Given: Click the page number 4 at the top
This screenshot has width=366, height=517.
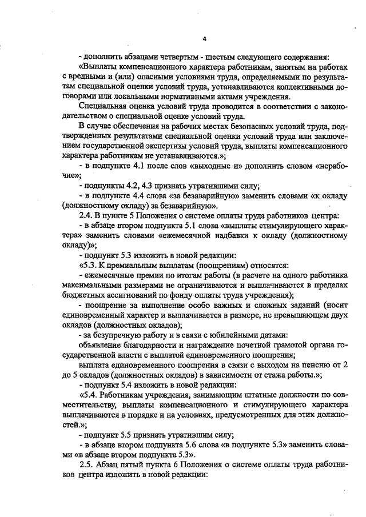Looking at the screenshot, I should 204,39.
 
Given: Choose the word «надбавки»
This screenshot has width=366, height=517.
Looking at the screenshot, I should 236,235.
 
